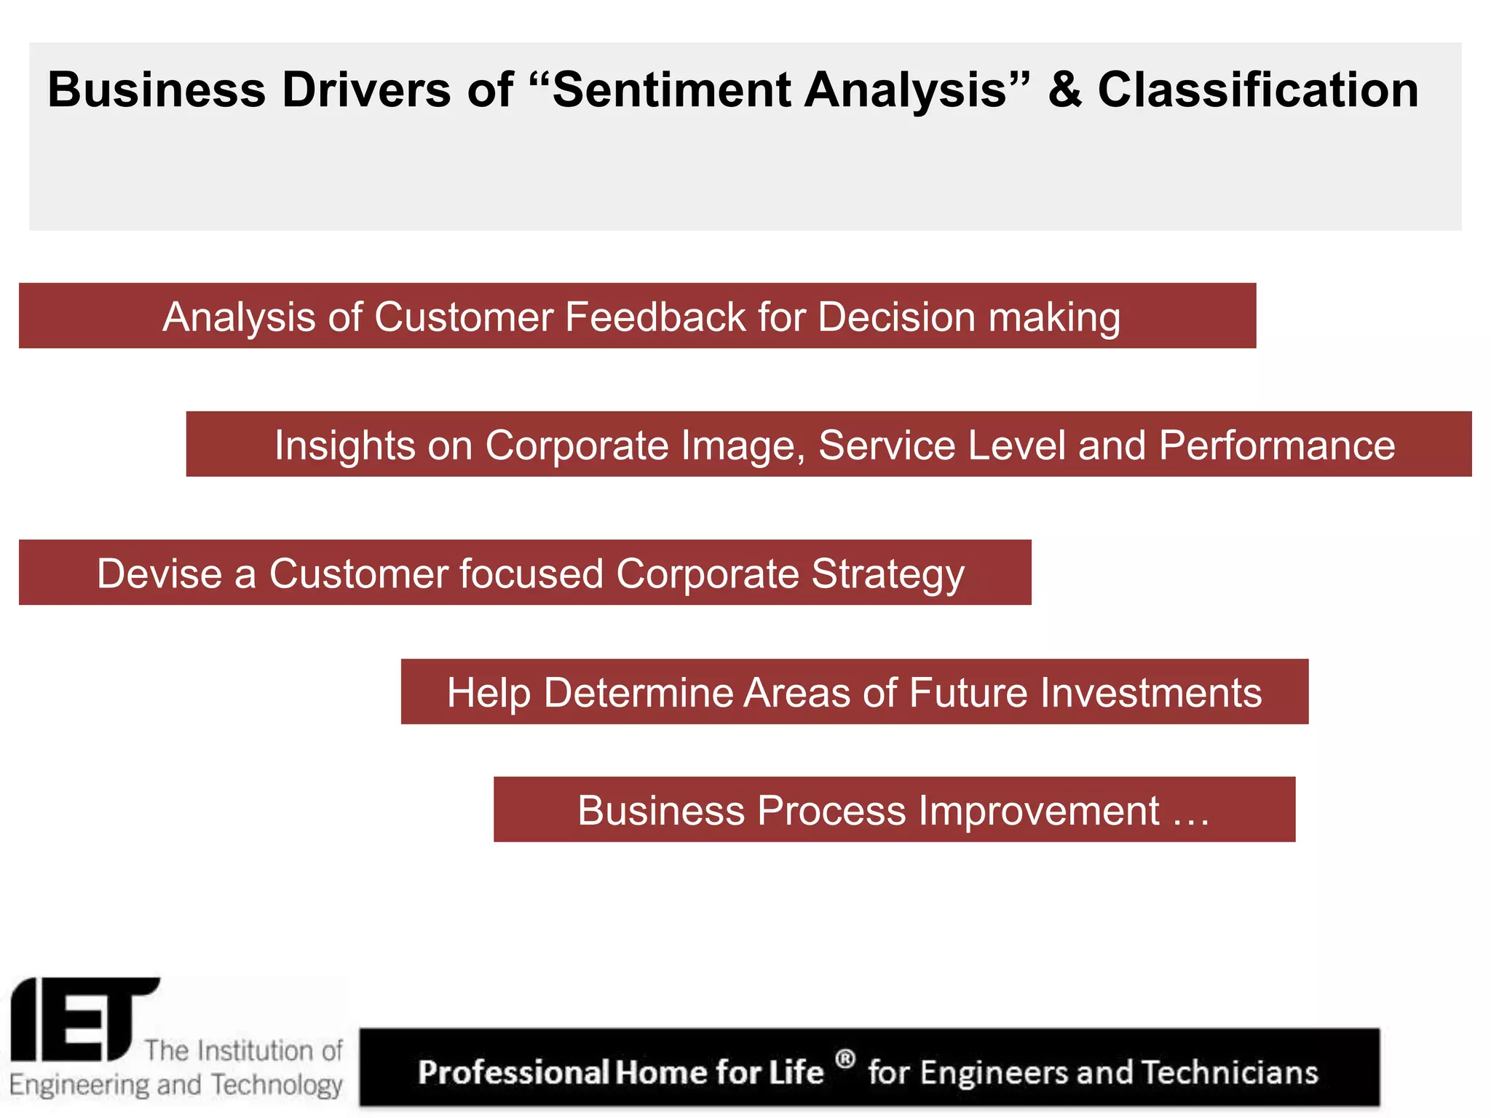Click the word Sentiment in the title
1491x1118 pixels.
671,90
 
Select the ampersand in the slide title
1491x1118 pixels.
1064,90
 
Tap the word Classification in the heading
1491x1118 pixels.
1257,90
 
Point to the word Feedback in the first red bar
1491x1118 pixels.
655,317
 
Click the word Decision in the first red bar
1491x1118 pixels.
896,317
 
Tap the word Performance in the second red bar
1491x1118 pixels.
1277,445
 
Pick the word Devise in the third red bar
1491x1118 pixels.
159,574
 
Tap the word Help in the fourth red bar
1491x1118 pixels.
489,692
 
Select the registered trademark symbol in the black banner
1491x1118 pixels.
845,1058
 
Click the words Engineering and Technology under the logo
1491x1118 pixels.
175,1085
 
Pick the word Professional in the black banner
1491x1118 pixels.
513,1073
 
